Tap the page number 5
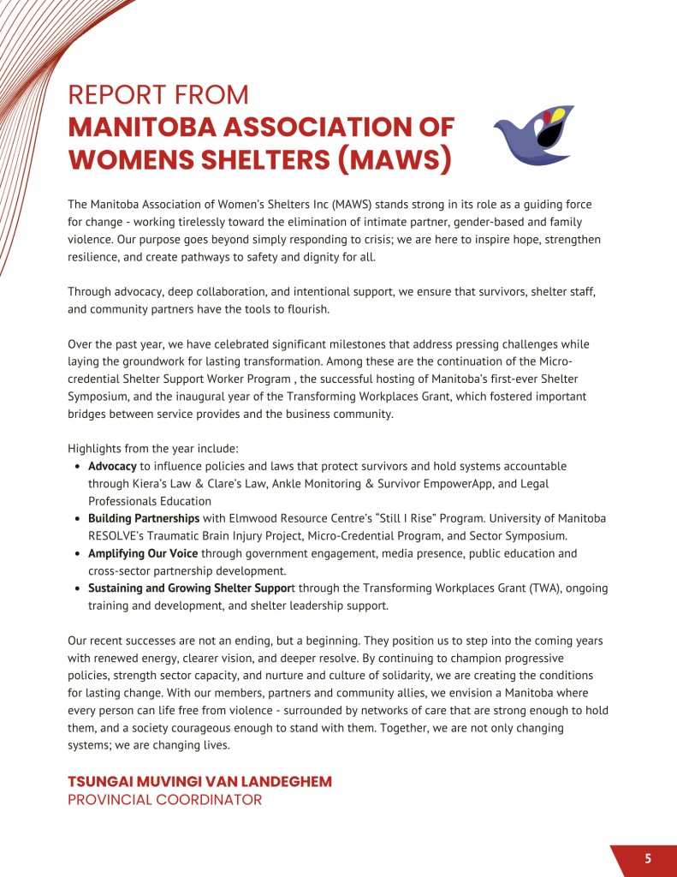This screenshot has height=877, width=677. tap(648, 858)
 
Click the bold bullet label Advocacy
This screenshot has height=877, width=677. tap(112, 467)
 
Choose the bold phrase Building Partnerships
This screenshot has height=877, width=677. tap(144, 518)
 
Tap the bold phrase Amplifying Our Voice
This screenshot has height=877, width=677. tap(143, 553)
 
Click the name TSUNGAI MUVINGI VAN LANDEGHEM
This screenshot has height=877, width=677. tap(199, 781)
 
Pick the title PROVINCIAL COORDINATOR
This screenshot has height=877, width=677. tap(164, 800)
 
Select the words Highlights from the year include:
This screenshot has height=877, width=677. tap(153, 449)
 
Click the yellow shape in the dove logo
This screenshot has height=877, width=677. tap(557, 114)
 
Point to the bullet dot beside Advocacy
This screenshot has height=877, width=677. tap(79, 468)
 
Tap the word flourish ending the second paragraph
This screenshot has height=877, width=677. tap(308, 309)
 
